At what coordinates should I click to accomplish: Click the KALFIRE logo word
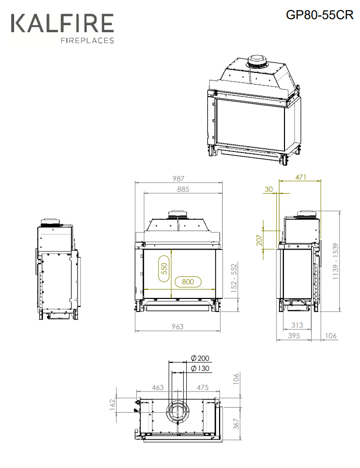[x=62, y=23]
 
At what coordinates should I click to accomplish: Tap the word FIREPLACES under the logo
[x=88, y=40]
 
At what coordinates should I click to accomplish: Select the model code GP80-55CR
[x=320, y=15]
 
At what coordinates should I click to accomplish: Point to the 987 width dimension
[x=179, y=179]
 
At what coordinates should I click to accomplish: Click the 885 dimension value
[x=183, y=189]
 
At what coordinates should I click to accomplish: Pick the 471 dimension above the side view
[x=301, y=177]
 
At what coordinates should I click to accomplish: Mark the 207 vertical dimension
[x=259, y=240]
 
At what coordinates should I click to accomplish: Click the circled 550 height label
[x=164, y=269]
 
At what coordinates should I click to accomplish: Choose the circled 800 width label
[x=188, y=282]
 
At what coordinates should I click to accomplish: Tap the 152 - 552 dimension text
[x=234, y=277]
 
